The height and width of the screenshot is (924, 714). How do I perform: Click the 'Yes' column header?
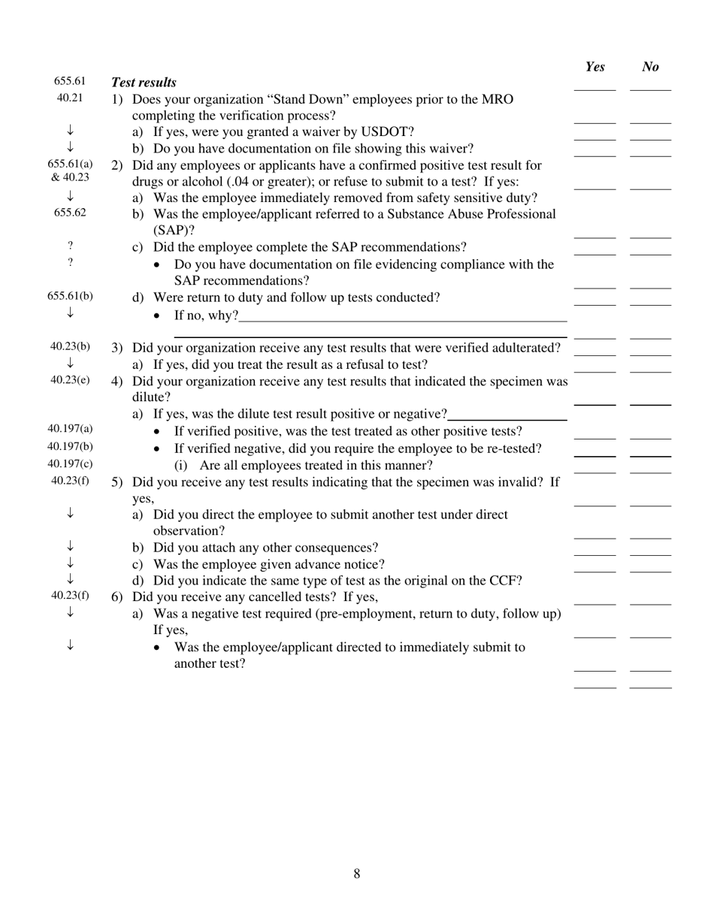click(594, 67)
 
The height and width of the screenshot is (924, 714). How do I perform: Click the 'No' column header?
click(651, 67)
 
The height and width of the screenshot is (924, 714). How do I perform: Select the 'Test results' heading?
click(144, 83)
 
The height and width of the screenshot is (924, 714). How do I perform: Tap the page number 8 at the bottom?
click(357, 873)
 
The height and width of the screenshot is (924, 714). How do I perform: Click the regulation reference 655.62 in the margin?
click(70, 213)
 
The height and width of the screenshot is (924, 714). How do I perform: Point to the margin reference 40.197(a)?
click(70, 429)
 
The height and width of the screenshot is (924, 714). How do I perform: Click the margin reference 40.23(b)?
click(70, 346)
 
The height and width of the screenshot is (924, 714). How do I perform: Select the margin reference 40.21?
click(70, 98)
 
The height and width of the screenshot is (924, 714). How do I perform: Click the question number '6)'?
click(117, 597)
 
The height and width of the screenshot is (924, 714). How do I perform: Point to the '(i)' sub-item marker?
click(181, 465)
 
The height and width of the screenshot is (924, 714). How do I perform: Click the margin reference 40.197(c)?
click(70, 464)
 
